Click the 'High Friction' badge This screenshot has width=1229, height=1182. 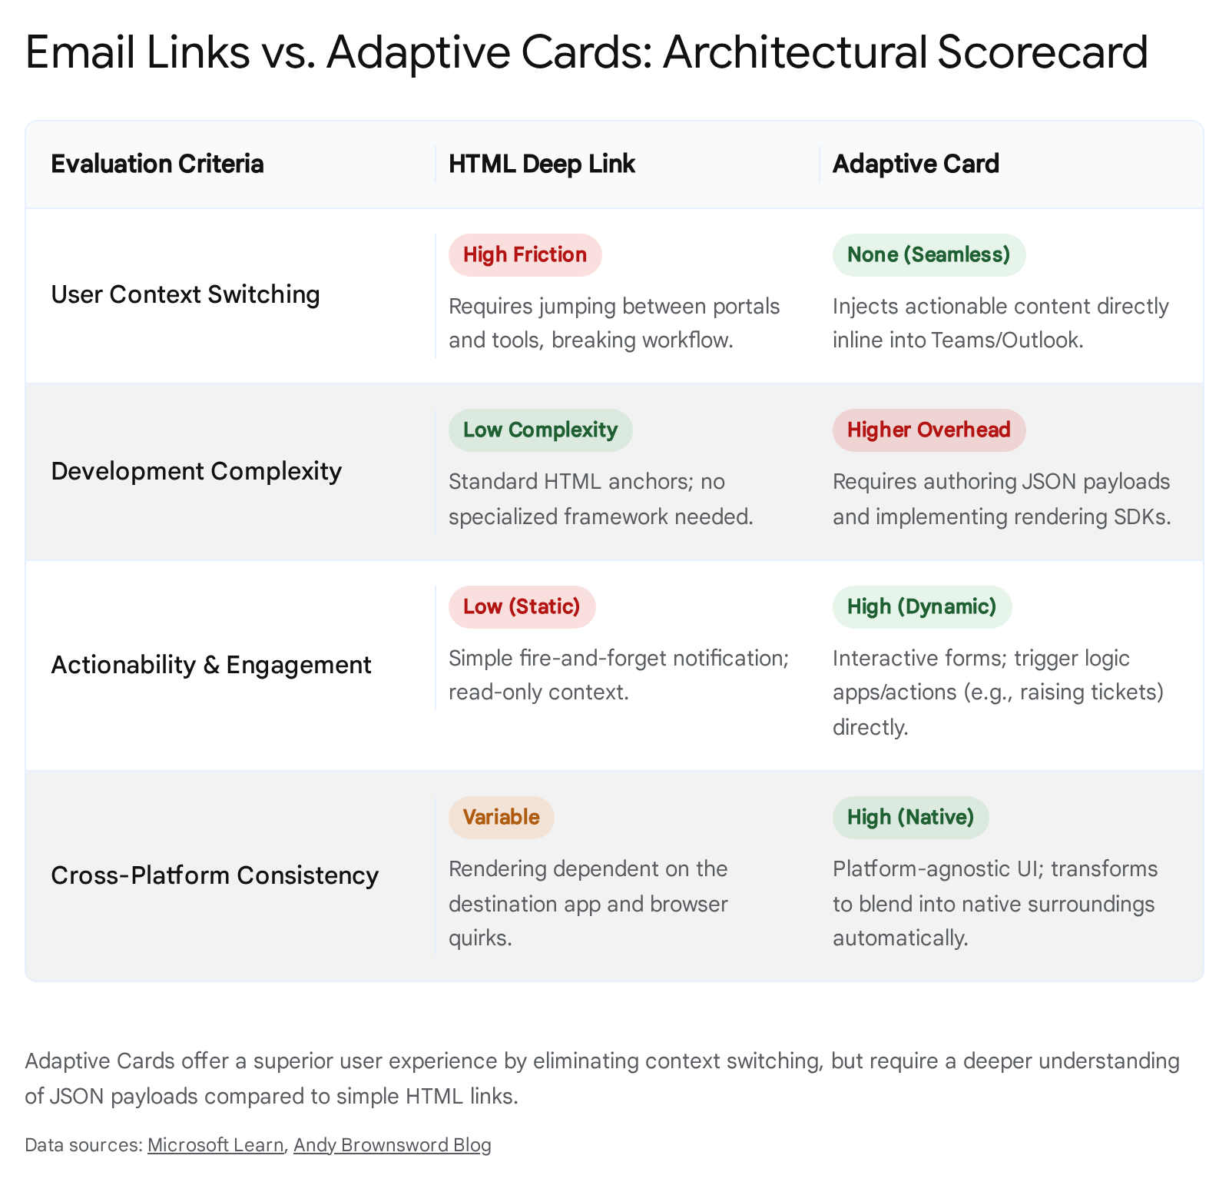(x=525, y=255)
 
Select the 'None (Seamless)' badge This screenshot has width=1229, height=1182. (x=929, y=255)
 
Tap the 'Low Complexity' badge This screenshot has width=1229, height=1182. (x=540, y=430)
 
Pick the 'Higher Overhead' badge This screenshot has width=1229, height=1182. (x=929, y=430)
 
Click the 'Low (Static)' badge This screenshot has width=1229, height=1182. (x=522, y=607)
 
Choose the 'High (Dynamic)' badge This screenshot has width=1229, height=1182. (x=922, y=607)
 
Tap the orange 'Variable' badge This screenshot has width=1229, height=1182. (x=501, y=818)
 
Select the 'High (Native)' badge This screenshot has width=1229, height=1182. (x=910, y=818)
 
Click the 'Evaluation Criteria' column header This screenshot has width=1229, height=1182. (x=157, y=164)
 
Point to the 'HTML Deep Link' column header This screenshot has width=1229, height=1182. (x=542, y=164)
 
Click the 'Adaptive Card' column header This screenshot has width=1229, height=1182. (x=916, y=164)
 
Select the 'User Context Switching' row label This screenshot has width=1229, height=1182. (x=185, y=295)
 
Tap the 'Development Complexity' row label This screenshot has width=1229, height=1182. (x=196, y=472)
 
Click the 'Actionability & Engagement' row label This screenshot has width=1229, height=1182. (x=211, y=666)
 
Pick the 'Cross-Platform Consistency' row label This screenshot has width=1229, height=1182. (x=214, y=876)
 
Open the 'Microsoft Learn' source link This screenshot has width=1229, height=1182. (x=215, y=1146)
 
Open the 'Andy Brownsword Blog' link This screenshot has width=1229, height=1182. (x=393, y=1146)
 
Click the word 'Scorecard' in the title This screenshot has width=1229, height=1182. (x=1042, y=52)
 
